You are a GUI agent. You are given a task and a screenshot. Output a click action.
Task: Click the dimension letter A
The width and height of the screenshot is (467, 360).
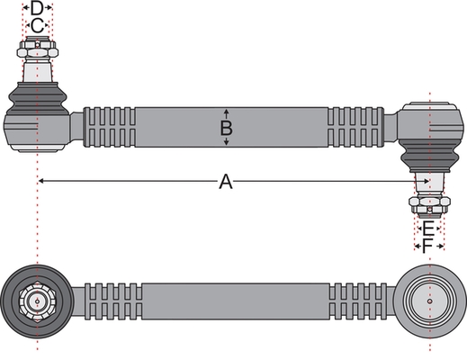point(226,182)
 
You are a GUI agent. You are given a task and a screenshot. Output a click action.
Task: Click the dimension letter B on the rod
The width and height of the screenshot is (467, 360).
point(226,128)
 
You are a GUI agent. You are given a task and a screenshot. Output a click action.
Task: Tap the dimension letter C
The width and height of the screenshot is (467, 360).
point(37,26)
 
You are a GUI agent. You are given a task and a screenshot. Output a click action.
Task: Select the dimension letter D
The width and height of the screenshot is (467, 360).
point(37,8)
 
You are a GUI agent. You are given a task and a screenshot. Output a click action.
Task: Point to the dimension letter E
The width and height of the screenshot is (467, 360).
point(428,229)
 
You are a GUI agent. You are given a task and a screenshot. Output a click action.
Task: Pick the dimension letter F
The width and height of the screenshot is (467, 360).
point(427,247)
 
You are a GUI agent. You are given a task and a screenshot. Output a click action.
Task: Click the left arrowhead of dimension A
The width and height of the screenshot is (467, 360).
point(41,181)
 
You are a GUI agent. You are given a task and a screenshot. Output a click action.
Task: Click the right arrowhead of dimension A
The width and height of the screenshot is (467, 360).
point(426,181)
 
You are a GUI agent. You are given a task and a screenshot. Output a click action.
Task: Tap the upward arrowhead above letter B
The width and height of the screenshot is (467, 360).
point(227,112)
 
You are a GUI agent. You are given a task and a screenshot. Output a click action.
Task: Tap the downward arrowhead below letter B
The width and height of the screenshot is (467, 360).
point(227,142)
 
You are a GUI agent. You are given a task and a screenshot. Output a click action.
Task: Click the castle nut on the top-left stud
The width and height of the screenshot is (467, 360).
point(37,49)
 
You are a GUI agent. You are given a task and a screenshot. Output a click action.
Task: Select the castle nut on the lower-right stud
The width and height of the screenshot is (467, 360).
point(429,205)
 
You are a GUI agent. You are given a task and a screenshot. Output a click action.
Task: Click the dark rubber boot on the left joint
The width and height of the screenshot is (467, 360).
point(38,99)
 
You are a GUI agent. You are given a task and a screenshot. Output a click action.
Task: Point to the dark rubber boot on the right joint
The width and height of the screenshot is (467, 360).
point(430,156)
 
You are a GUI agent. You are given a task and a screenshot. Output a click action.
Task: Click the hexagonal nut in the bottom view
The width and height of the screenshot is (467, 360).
point(37,301)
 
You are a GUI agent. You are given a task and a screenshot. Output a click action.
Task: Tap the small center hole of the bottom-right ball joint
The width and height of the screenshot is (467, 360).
point(430,301)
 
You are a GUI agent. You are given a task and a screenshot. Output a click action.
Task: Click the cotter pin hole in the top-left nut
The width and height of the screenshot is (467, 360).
point(37,45)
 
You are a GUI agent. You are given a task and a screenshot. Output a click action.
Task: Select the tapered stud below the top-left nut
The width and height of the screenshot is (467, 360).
point(37,70)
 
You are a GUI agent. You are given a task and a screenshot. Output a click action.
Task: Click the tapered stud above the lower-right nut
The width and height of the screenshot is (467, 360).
point(429,184)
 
